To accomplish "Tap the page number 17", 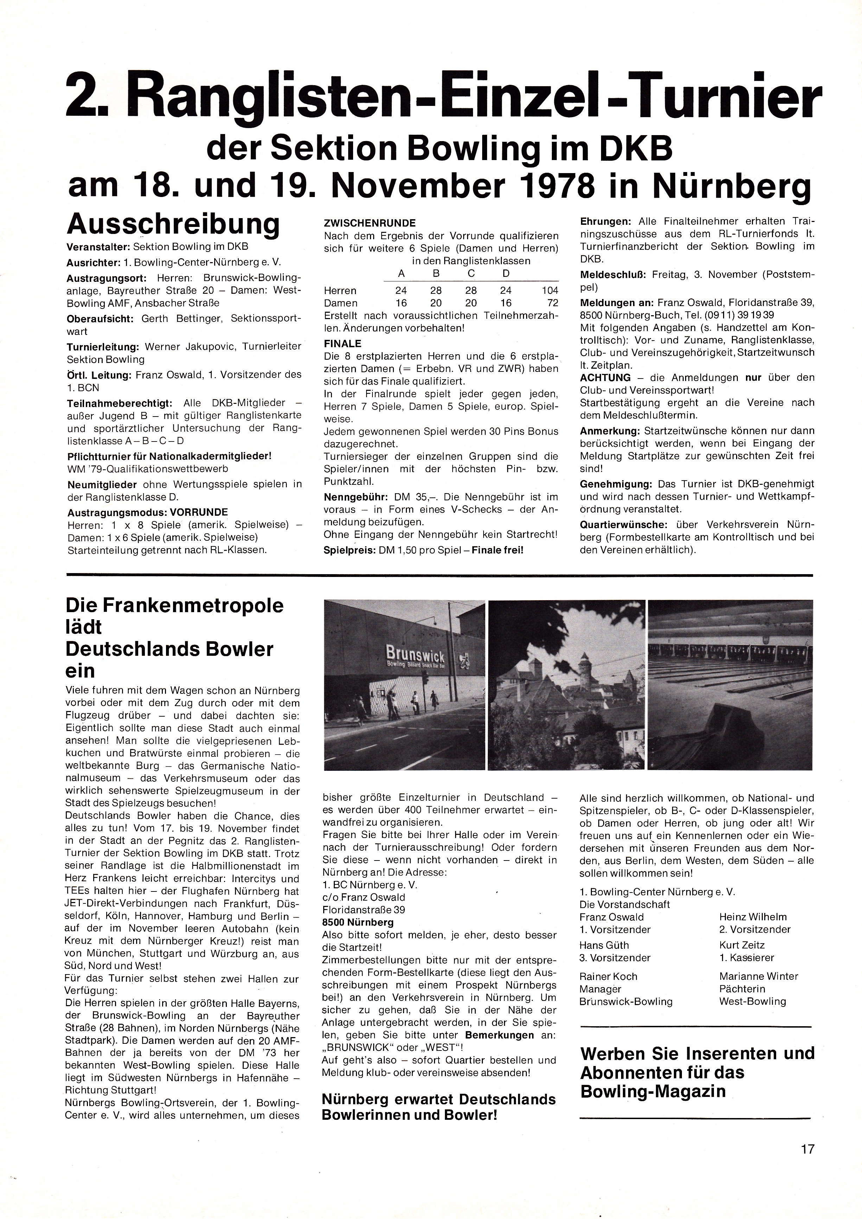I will pos(807,1149).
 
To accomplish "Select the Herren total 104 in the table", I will pos(550,291).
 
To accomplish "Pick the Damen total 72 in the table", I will pos(553,303).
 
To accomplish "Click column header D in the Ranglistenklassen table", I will pos(506,273).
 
